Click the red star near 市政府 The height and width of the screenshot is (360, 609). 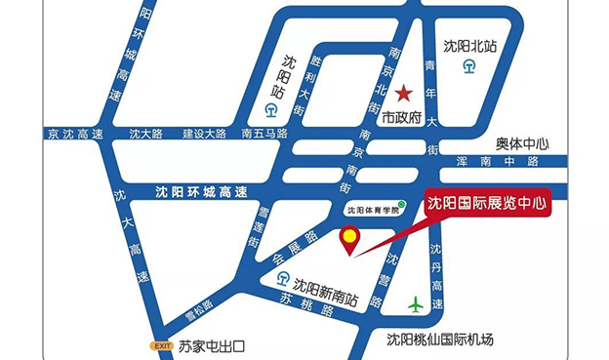click(404, 94)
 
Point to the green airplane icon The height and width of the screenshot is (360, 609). click(417, 304)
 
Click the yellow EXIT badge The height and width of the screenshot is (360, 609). click(160, 345)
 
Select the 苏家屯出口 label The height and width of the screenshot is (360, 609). click(210, 345)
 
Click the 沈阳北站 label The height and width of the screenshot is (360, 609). click(469, 46)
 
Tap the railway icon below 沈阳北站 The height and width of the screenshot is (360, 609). click(469, 67)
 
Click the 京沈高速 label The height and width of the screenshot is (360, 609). click(74, 134)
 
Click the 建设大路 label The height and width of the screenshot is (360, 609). click(204, 134)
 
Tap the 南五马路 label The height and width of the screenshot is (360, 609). click(264, 134)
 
